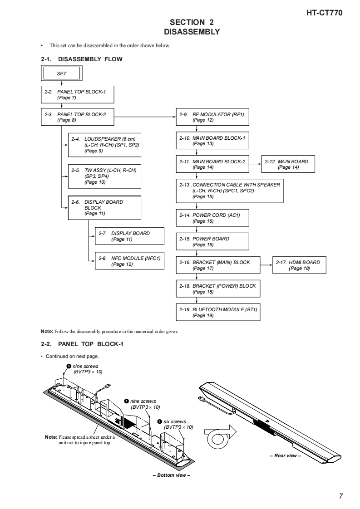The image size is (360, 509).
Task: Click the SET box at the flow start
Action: pos(61,73)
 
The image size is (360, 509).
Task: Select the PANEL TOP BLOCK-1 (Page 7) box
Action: pos(77,94)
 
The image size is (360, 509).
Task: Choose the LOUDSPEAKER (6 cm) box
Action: pos(104,145)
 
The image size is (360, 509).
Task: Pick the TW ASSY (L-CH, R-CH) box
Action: pos(104,176)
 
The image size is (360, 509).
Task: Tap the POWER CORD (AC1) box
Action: pos(212,218)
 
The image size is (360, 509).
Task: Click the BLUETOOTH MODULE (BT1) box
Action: pos(218,313)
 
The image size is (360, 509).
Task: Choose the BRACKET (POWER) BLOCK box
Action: pos(218,289)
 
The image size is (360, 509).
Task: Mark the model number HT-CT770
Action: pos(324,13)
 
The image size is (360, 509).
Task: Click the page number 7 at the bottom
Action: pos(340,496)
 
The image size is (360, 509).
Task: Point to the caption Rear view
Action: pos(285,455)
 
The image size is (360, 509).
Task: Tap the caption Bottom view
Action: pos(171,475)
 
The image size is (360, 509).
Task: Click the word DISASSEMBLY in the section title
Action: pos(192,32)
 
